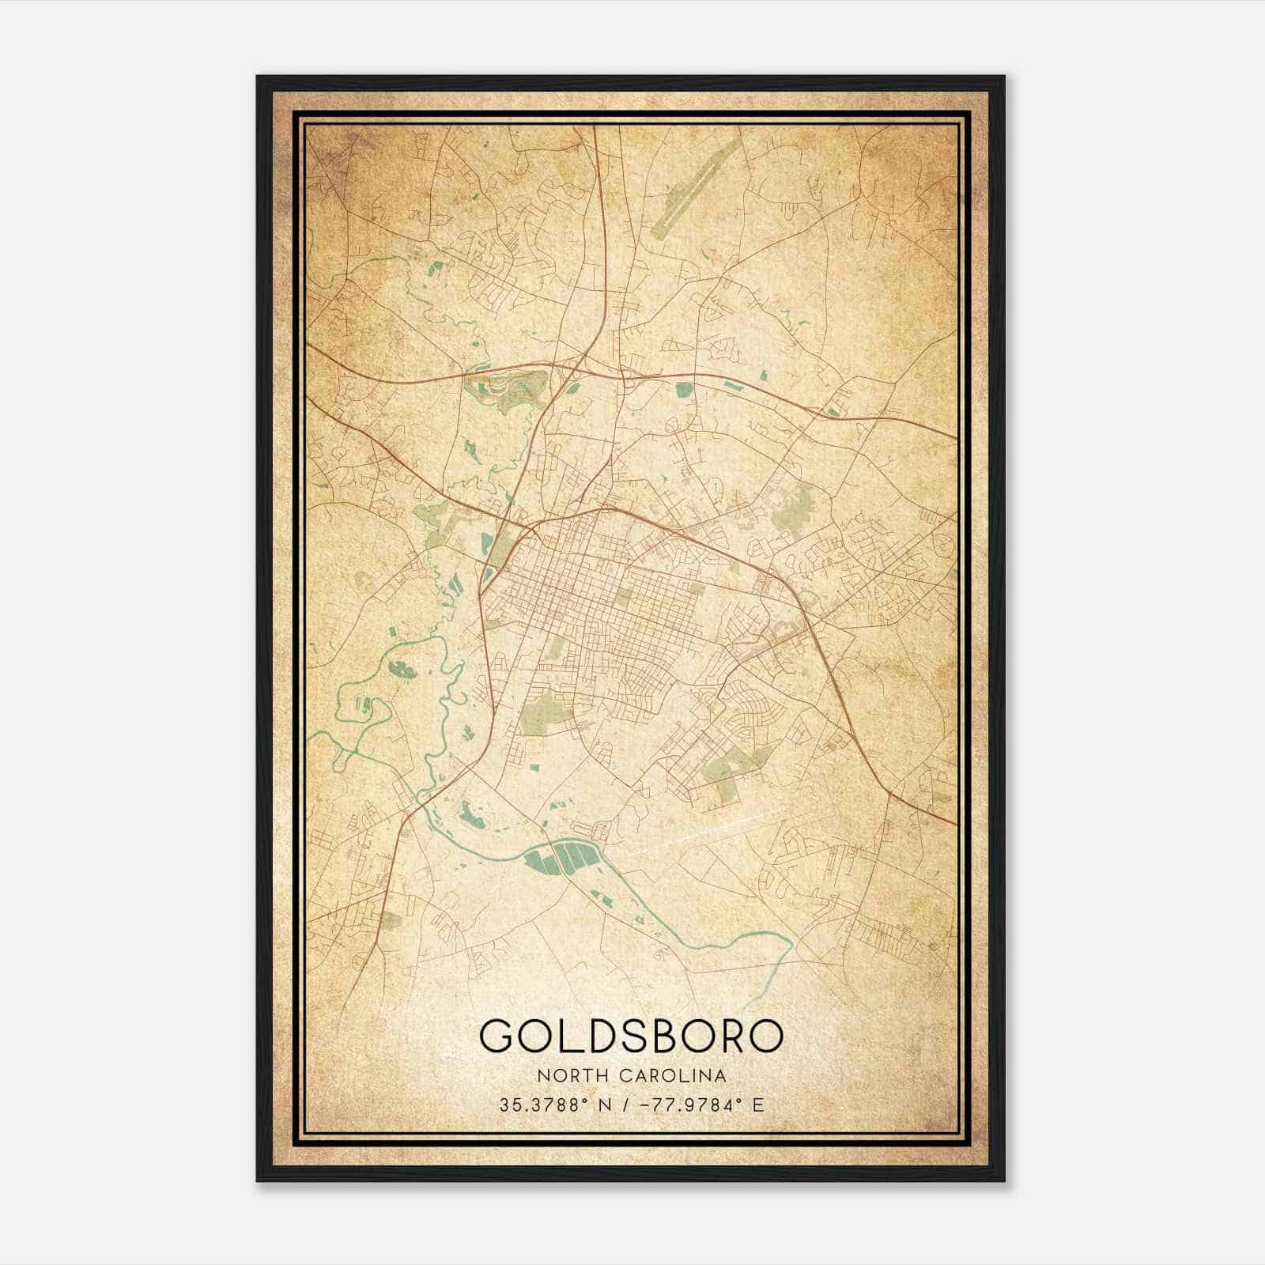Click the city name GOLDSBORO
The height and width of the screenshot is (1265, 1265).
point(632,1037)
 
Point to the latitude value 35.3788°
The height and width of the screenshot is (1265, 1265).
point(544,1105)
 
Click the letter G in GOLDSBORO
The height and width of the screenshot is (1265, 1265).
point(500,1037)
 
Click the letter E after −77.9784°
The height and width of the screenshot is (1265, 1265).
point(759,1105)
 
